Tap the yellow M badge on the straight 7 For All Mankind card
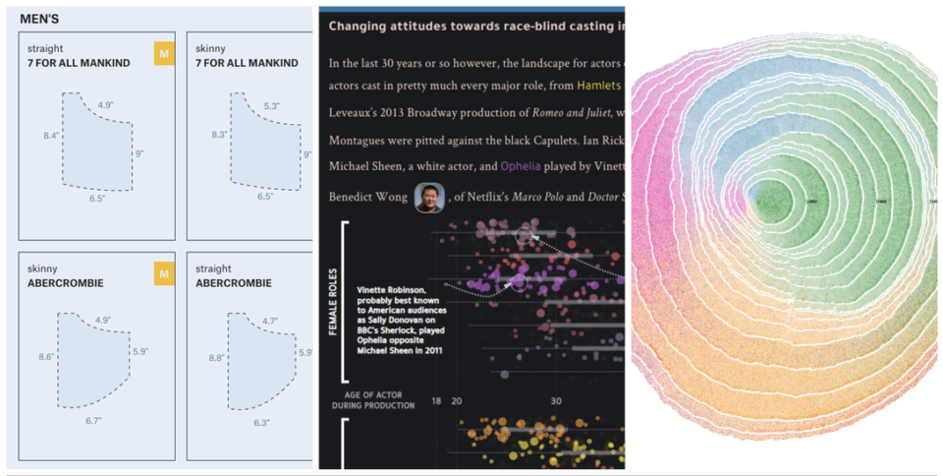(163, 54)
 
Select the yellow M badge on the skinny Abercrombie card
(163, 274)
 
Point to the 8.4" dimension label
(51, 135)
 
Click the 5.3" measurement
(272, 105)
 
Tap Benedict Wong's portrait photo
(428, 198)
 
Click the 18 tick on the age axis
(435, 401)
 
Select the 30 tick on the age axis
(556, 401)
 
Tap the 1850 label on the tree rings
(813, 201)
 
